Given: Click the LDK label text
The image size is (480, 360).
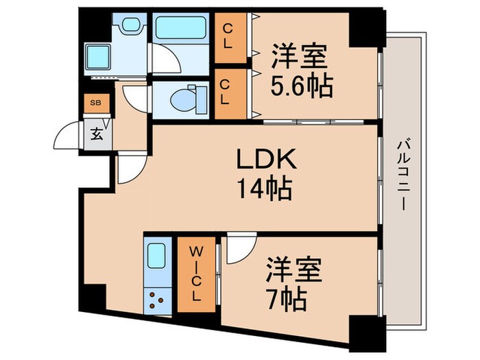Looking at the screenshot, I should [x=266, y=160].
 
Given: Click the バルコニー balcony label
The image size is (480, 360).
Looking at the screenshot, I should [x=403, y=174].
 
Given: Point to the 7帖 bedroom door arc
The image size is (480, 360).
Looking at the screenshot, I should [x=240, y=248].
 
